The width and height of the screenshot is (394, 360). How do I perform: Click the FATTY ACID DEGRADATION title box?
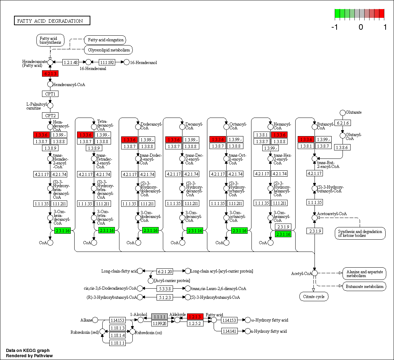(52, 21)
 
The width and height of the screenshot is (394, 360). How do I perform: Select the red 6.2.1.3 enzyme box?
(50, 73)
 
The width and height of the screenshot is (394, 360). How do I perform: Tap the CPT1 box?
(50, 94)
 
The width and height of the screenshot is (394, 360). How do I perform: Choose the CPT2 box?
(50, 115)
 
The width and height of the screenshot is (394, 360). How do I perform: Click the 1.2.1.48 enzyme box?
(70, 62)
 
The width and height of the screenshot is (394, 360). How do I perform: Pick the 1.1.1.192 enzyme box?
(107, 62)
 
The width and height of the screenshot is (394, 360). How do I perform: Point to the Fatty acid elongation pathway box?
(105, 40)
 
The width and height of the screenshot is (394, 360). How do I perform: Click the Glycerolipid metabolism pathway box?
(109, 50)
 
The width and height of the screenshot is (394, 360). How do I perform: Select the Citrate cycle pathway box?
(314, 297)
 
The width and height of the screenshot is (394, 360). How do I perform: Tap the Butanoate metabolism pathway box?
(364, 287)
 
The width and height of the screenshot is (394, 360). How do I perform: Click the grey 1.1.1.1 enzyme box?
(160, 317)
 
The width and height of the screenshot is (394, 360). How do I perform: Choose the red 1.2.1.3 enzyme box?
(195, 317)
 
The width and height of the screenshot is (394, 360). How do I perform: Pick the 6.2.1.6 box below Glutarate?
(343, 123)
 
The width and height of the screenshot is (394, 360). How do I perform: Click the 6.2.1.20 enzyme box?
(164, 271)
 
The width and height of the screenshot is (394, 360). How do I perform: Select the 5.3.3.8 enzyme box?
(164, 289)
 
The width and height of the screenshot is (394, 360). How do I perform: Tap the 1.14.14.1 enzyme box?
(229, 331)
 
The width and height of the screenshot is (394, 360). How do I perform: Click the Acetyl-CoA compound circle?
(314, 273)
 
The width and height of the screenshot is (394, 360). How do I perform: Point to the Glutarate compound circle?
(343, 112)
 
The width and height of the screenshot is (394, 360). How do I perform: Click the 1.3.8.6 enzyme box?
(343, 148)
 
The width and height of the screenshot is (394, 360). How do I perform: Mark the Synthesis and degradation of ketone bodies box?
(360, 233)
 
